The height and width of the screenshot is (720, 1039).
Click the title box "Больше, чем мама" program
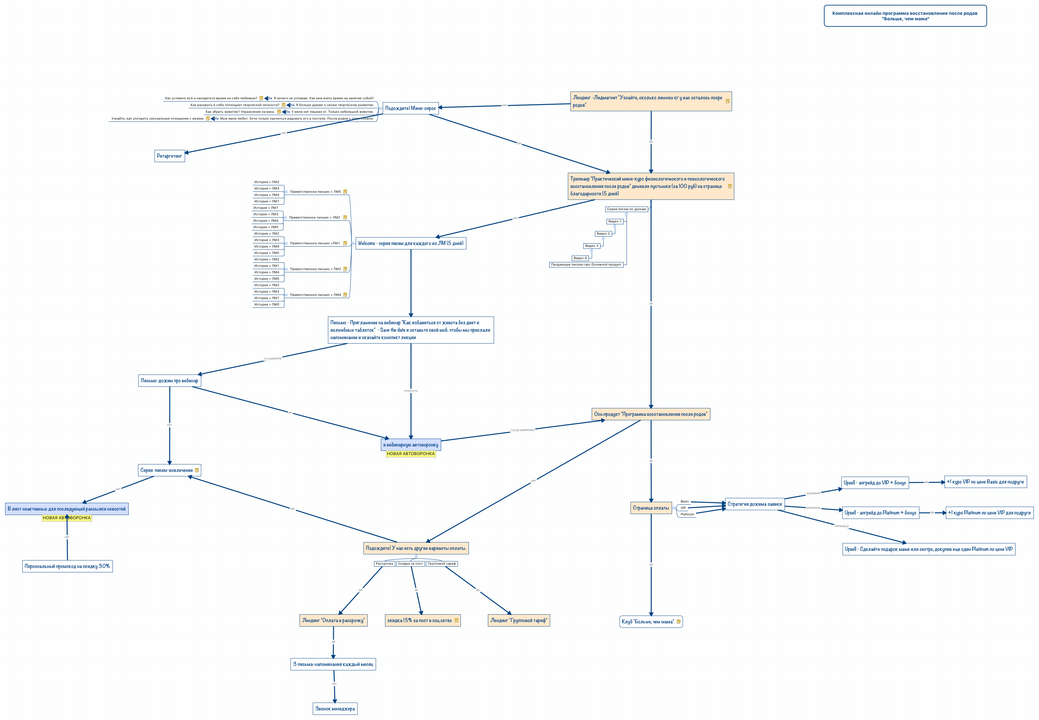(905, 16)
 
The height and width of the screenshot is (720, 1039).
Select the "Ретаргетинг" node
(169, 156)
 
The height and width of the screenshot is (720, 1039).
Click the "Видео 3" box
(591, 246)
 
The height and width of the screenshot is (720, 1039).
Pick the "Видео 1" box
(614, 221)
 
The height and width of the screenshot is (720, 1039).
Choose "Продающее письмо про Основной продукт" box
(586, 265)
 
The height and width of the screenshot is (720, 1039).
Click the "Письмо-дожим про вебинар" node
(169, 381)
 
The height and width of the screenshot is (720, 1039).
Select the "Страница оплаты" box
(650, 508)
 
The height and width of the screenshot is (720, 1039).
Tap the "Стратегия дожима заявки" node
(754, 504)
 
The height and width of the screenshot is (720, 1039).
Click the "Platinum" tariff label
(687, 514)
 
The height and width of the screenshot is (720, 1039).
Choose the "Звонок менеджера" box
(335, 709)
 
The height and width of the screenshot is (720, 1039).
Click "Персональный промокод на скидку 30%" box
(67, 566)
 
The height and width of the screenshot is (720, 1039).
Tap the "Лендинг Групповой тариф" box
(519, 620)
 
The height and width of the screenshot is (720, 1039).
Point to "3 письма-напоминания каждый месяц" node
(333, 664)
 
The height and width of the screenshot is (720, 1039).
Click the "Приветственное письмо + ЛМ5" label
(315, 192)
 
